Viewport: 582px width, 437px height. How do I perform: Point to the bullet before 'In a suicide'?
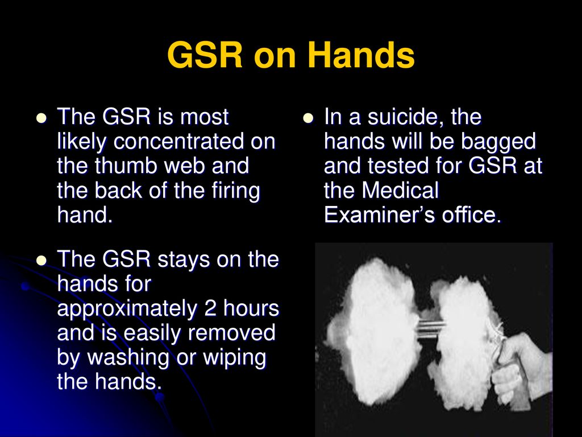coord(308,118)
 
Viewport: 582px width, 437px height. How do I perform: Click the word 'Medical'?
coord(400,190)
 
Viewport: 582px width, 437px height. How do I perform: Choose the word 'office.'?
coord(471,215)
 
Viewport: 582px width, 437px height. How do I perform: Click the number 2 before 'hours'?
coord(210,308)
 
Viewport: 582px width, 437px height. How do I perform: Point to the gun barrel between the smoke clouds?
coord(431,328)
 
